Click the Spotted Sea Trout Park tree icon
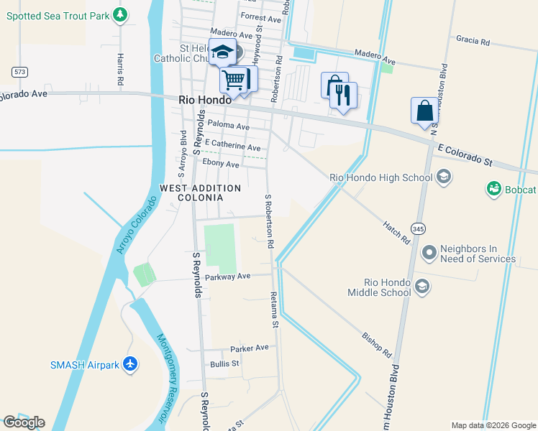pos(121,14)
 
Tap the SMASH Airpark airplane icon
pos(130,364)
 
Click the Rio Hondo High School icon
pos(444,177)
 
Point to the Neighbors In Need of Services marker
pos(429,252)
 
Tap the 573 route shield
pos(19,71)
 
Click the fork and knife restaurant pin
pos(344,94)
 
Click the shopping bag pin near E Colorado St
pos(424,111)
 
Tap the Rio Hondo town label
pos(205,101)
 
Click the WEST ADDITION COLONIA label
pos(200,193)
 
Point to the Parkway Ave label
pos(227,277)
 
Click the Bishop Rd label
pos(376,344)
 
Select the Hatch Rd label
pos(396,231)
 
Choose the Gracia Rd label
pos(473,40)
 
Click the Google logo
pos(24,422)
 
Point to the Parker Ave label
pos(249,348)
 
